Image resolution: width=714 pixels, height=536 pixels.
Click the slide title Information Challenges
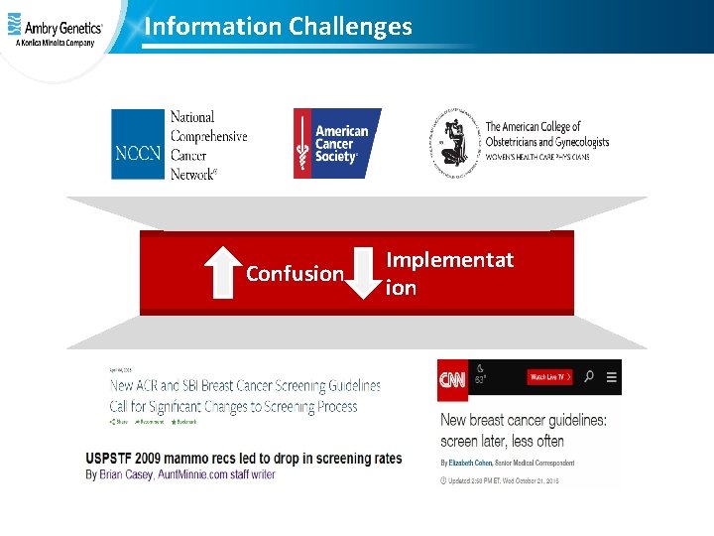point(278,27)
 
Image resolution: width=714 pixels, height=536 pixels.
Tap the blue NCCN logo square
point(138,144)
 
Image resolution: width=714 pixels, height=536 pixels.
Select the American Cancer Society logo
point(337,144)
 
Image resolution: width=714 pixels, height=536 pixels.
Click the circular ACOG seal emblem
point(453,143)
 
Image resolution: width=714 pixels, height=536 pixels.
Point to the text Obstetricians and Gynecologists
point(546,142)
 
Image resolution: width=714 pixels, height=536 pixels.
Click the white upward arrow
point(222,272)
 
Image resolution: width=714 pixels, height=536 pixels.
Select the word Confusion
point(295,274)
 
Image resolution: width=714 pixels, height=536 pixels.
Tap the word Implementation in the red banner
point(449,273)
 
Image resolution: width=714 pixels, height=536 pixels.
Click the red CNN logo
point(452,377)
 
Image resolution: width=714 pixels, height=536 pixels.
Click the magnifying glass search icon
point(589,377)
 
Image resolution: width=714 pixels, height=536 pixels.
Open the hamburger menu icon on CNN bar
point(611,377)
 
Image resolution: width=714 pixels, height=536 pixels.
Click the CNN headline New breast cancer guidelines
point(524,430)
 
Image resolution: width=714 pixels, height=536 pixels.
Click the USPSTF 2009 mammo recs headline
point(244,458)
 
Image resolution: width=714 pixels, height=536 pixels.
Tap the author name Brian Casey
point(126,474)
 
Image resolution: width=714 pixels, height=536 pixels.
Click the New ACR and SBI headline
point(244,395)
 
